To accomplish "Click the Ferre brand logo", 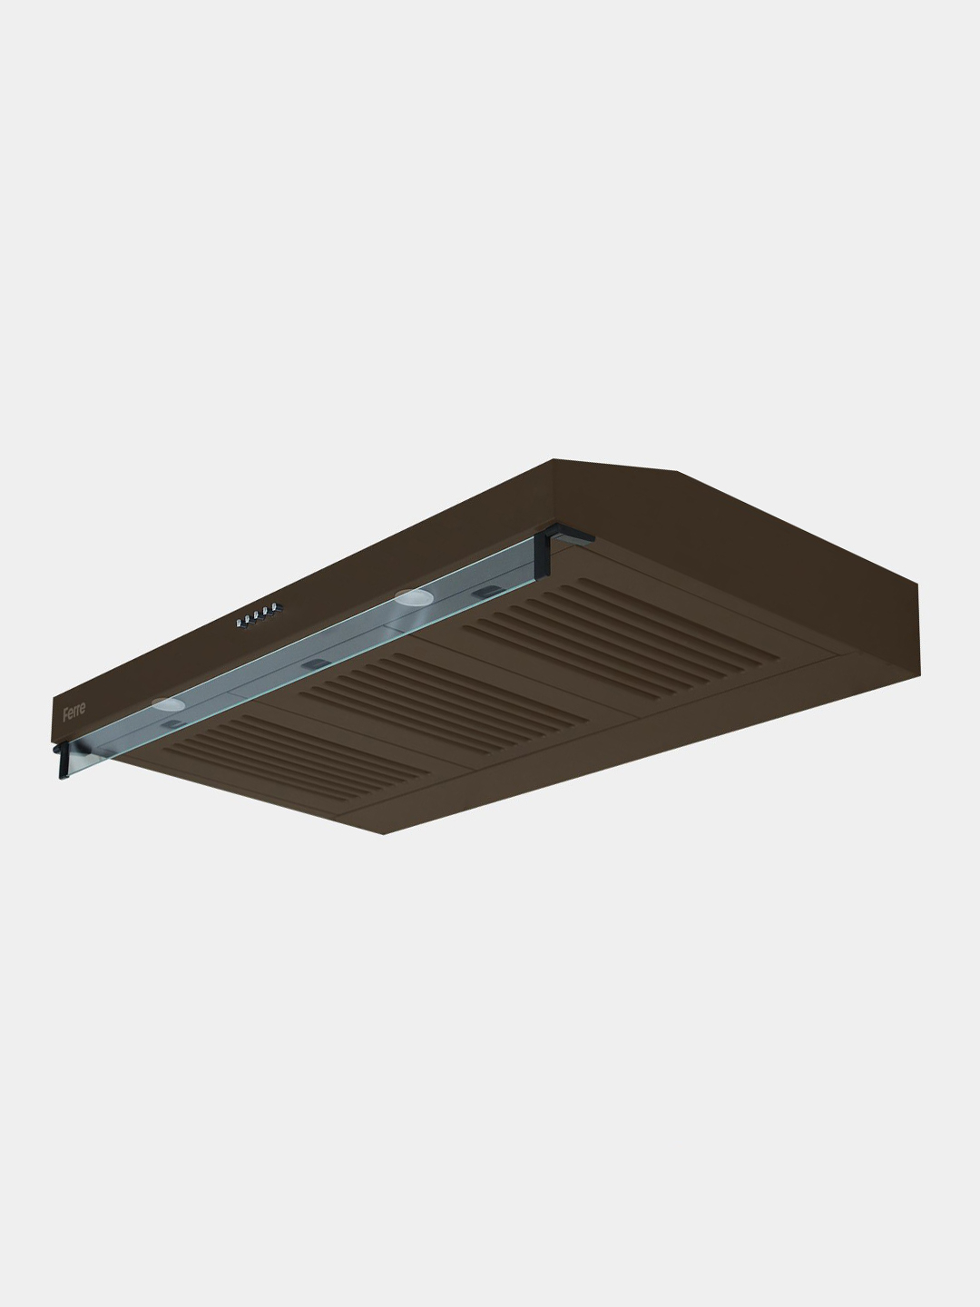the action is [73, 709].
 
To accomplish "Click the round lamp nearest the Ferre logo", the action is [169, 703].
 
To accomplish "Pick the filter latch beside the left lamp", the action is [172, 724].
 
